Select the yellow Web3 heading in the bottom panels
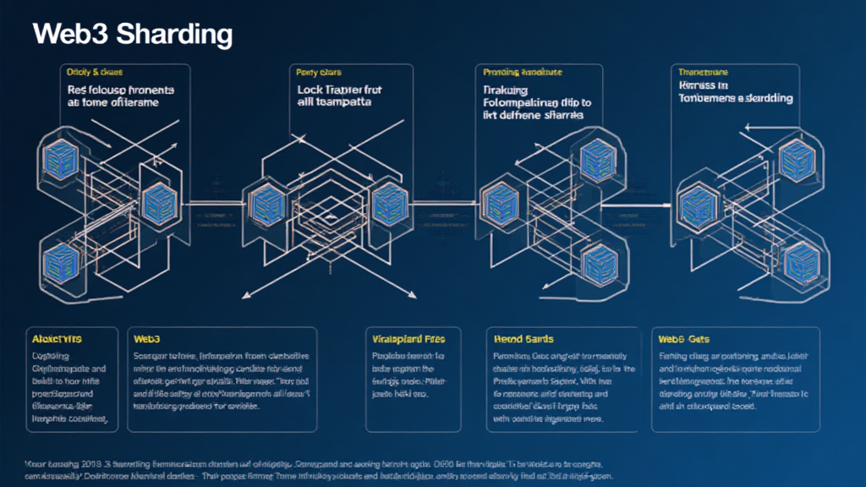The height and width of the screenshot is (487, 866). tap(147, 338)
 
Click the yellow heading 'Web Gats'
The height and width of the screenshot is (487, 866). tap(682, 338)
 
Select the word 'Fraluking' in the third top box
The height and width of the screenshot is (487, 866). tap(504, 89)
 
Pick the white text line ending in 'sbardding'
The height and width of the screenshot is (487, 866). tap(736, 98)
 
